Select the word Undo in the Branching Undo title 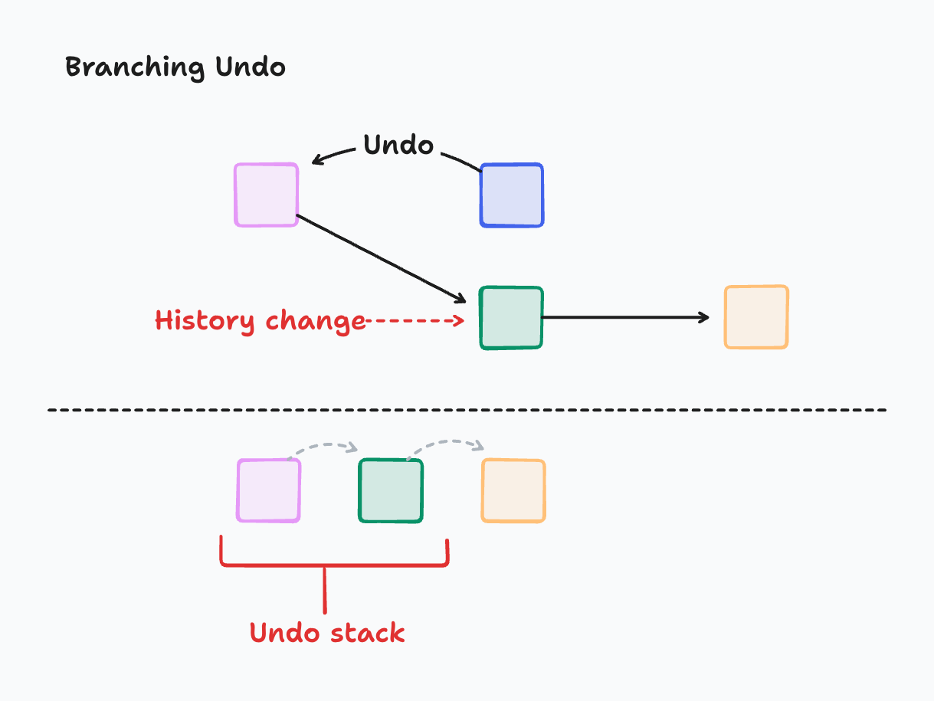coord(250,67)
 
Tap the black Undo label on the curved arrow coord(398,145)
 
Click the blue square coord(511,195)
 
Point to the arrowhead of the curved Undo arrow coord(316,161)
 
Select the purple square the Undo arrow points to coord(266,195)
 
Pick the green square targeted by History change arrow coord(511,318)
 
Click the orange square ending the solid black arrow coord(756,317)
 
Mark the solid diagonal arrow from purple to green coord(382,258)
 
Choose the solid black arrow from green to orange coord(625,317)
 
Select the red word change coord(315,321)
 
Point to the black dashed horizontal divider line coord(467,411)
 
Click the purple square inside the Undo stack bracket coord(269,491)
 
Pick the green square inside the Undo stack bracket coord(391,491)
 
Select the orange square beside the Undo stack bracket coord(513,491)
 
